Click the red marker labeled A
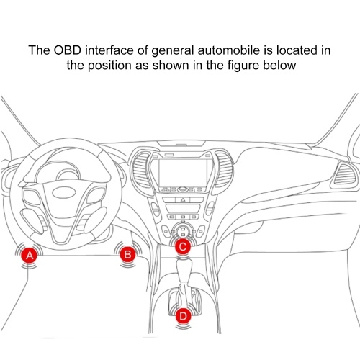click(x=30, y=256)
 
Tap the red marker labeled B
click(x=127, y=254)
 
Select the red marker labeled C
click(x=183, y=246)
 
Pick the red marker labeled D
click(x=183, y=316)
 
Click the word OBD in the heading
click(x=67, y=50)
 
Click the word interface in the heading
click(x=109, y=50)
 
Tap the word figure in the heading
click(x=243, y=66)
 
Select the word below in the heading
click(x=279, y=66)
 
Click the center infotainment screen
click(x=182, y=172)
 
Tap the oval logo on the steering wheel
click(x=65, y=192)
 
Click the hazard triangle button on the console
click(x=183, y=199)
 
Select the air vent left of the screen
click(x=140, y=170)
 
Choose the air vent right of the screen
click(x=224, y=169)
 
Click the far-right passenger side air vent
click(x=343, y=174)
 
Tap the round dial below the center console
click(x=183, y=231)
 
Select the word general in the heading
click(x=172, y=51)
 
